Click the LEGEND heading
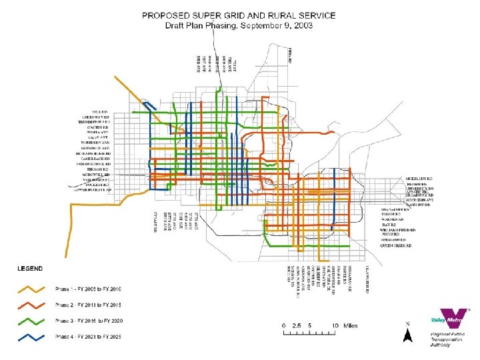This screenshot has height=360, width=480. tap(29, 269)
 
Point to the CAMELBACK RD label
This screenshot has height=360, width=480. tap(95, 158)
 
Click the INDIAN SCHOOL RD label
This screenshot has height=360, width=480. tap(94, 163)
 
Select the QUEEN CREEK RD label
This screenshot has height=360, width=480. tap(395, 246)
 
